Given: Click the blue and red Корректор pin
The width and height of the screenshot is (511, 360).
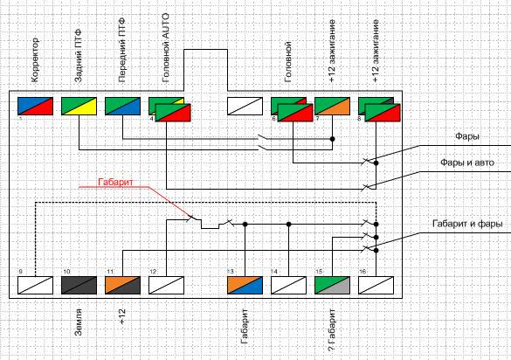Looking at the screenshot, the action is point(35,106).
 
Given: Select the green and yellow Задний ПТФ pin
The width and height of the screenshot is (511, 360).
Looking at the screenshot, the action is point(79,106).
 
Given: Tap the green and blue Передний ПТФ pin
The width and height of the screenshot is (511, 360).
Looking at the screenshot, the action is point(122,106).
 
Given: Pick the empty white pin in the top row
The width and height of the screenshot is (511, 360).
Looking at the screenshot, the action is point(245,106).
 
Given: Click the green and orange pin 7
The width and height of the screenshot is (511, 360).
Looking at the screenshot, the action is point(332,106).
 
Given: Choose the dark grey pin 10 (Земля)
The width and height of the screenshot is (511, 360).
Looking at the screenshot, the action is point(79,286).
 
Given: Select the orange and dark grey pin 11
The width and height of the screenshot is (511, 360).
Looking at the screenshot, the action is point(122,286).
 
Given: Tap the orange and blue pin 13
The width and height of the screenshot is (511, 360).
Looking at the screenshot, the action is point(245,286).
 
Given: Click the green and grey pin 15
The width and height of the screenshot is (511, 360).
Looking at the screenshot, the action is point(332,286).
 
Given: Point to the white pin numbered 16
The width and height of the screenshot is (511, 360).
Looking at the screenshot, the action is point(376,286).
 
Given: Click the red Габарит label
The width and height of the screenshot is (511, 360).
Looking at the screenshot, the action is point(115,182).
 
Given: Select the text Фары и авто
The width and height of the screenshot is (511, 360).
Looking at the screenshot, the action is point(467,163).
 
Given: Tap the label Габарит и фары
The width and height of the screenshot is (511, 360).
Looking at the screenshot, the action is point(467,224).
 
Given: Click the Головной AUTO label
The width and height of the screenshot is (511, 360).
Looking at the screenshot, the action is point(166,47).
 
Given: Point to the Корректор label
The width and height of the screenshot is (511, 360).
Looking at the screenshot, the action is point(35,60).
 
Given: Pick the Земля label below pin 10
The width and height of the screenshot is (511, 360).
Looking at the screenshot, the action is point(79,322).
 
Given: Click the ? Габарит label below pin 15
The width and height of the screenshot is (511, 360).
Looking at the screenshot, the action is point(332,330).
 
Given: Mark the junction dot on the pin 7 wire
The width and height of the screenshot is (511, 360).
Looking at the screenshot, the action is point(333,139).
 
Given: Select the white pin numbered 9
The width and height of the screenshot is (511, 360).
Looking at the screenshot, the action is point(35,286).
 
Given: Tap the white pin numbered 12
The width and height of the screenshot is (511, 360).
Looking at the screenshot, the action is point(166,286).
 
